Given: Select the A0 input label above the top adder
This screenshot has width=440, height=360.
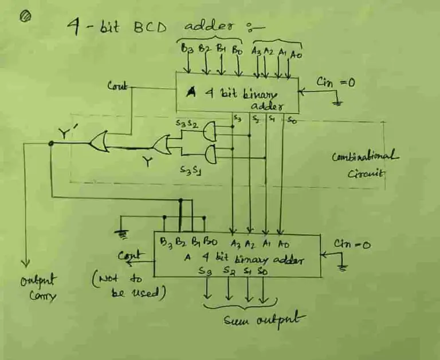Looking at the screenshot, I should (x=295, y=55).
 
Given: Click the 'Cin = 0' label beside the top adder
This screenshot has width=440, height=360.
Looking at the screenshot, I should (x=337, y=83).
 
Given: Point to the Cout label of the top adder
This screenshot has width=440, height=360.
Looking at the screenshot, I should (x=118, y=86).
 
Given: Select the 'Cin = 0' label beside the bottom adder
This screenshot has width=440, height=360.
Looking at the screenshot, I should (x=353, y=245).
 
